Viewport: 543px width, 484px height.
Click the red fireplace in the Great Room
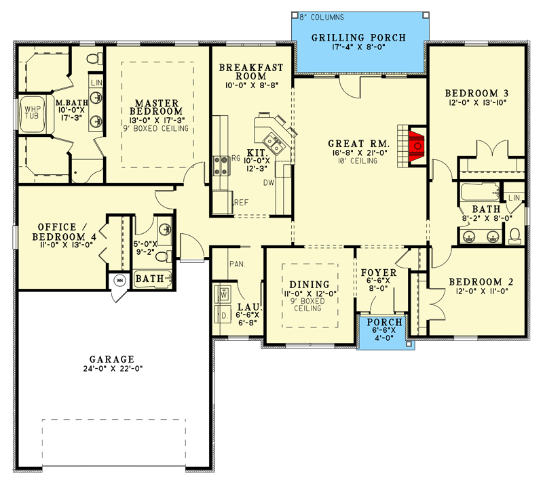(x=417, y=146)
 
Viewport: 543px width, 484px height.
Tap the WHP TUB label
(x=32, y=113)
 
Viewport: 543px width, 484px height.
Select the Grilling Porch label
(x=358, y=37)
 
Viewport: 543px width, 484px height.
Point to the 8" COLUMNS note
(x=322, y=18)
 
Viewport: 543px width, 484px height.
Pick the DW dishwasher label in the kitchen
(x=269, y=182)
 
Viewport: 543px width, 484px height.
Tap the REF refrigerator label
(x=242, y=203)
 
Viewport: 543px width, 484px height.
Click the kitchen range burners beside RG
(x=221, y=165)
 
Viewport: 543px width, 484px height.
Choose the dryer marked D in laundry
(x=223, y=315)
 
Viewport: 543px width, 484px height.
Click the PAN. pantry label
(x=237, y=264)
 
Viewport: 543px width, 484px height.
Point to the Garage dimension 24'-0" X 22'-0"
(x=113, y=369)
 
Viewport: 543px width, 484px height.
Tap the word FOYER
(x=379, y=273)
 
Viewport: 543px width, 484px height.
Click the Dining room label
(x=310, y=285)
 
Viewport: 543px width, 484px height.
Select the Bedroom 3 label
(x=476, y=93)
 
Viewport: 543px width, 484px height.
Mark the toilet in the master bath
(x=94, y=59)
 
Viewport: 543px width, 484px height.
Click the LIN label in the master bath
(x=96, y=83)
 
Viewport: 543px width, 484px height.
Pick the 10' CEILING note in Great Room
(x=358, y=161)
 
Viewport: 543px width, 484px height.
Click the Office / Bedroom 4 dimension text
(x=64, y=245)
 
